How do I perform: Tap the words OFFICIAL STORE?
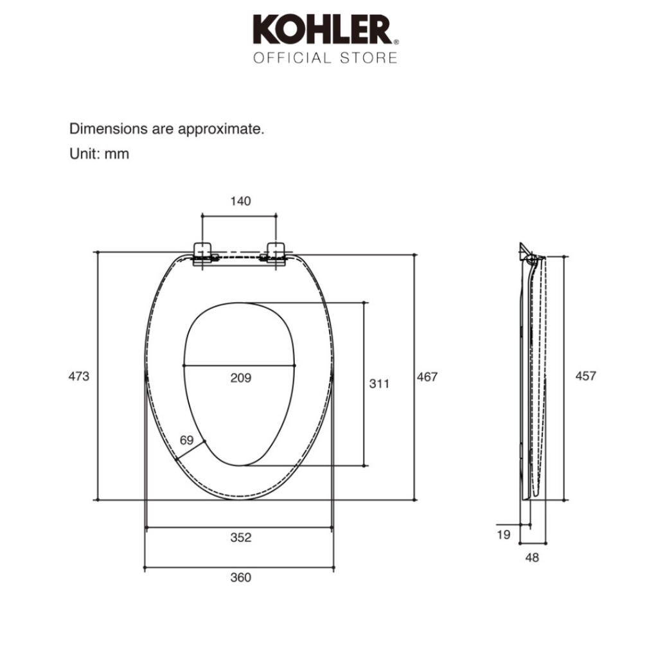click(325, 58)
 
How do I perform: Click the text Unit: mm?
click(99, 154)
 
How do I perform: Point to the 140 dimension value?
click(240, 201)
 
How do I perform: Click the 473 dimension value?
click(79, 376)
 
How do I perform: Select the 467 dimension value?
click(427, 377)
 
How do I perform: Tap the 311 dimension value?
click(379, 384)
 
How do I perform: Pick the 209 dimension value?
click(240, 378)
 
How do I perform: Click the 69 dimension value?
click(187, 440)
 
